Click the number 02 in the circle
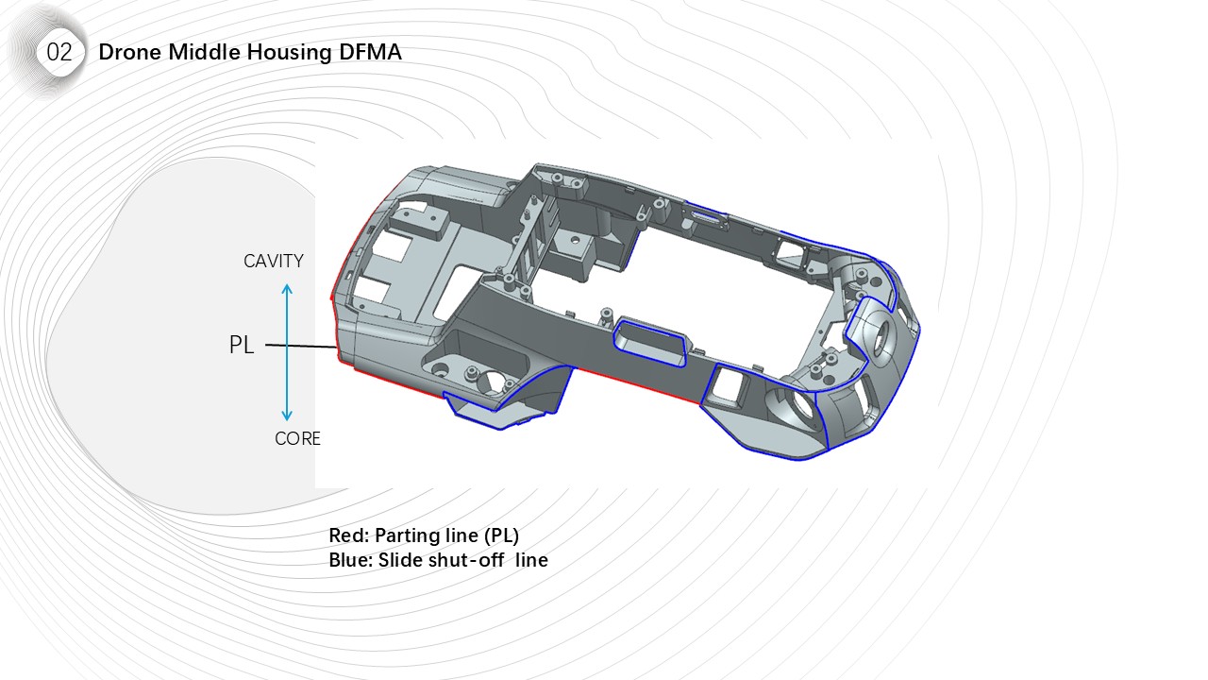[59, 53]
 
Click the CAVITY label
[274, 262]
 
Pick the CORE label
[297, 439]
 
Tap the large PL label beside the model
[242, 346]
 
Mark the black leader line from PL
[299, 347]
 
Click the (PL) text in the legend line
[501, 535]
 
